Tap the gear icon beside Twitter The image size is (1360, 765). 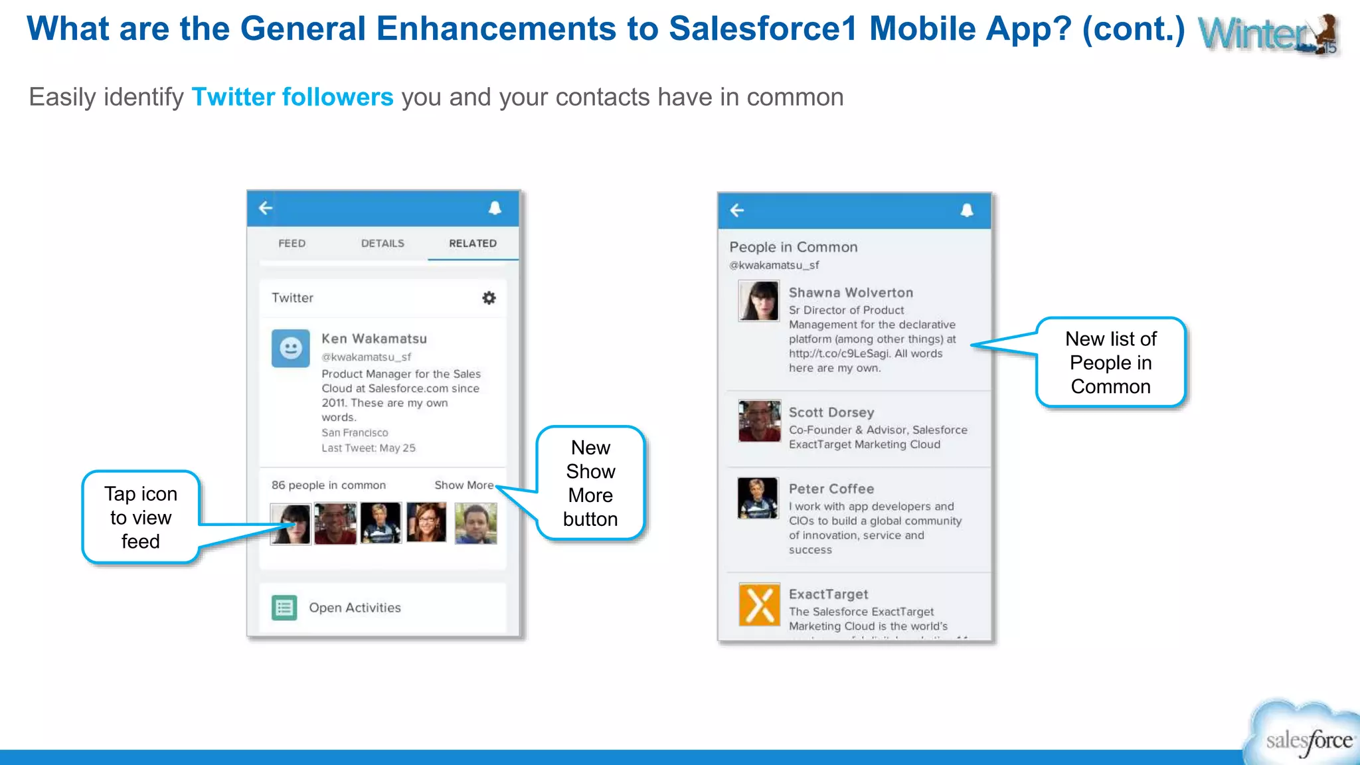489,298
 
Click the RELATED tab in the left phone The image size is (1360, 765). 472,244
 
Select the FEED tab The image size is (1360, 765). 292,244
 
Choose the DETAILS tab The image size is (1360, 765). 382,244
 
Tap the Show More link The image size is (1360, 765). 464,485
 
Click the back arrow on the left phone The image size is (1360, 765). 266,209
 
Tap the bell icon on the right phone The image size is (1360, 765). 967,211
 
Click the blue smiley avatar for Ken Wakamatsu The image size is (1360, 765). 290,348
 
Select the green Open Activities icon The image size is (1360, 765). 284,608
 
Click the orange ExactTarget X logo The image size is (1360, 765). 759,605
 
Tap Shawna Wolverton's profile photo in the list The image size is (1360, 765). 758,301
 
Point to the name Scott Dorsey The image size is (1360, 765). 831,412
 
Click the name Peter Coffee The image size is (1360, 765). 831,489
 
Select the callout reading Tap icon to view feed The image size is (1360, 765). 141,517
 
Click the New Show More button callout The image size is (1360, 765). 590,483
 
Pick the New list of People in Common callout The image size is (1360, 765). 1110,363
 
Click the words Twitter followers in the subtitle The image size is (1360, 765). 292,98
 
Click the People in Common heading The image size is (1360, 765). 793,247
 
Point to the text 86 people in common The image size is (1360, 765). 328,485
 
